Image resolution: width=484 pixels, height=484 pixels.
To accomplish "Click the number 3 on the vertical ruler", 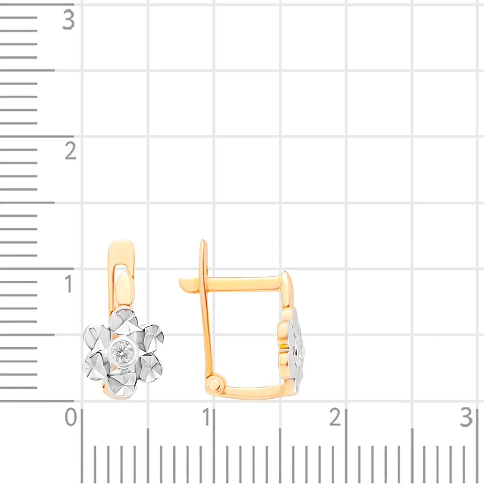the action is tap(69, 20).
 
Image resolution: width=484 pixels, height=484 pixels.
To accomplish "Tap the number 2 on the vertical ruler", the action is tap(70, 151).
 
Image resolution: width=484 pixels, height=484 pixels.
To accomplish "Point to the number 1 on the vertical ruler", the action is tap(69, 283).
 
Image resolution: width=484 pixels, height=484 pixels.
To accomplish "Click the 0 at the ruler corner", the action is tap(71, 417).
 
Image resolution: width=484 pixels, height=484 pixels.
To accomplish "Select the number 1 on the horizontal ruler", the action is tap(206, 417).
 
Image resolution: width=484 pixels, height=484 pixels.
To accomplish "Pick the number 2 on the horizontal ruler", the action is tap(335, 417).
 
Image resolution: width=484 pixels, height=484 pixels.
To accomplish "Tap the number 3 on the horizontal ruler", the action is tap(467, 417).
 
